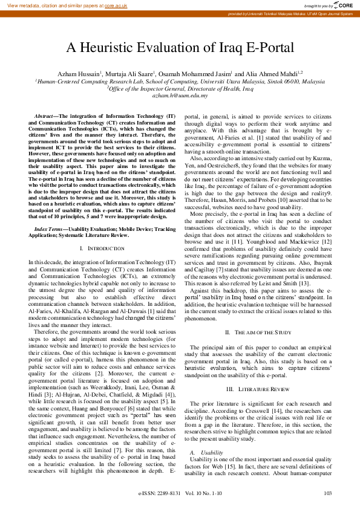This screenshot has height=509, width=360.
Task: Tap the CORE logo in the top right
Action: click(x=344, y=5)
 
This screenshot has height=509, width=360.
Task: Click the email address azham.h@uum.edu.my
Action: click(x=180, y=96)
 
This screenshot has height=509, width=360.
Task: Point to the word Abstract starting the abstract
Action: click(x=44, y=115)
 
